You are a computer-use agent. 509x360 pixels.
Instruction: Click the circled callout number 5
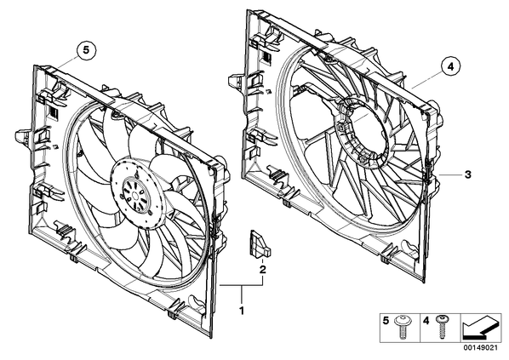click(86, 50)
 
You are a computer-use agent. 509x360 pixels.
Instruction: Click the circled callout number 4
click(450, 66)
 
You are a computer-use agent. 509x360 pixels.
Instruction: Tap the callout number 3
click(467, 174)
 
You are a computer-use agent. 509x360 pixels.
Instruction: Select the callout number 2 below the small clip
click(262, 269)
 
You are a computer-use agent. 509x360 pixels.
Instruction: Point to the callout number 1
click(242, 311)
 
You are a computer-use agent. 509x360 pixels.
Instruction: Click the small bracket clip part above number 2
click(260, 244)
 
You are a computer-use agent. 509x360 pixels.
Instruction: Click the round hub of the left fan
click(136, 194)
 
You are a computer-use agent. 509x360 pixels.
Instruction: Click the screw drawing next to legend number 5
click(403, 328)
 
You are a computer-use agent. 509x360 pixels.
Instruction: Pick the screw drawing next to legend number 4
click(442, 327)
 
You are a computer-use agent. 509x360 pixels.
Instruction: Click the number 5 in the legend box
click(386, 322)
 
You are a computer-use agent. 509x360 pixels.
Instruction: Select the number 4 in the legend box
click(426, 322)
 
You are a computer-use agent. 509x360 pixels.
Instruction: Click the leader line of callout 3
click(450, 174)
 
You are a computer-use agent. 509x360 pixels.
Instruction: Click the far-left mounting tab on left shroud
click(23, 135)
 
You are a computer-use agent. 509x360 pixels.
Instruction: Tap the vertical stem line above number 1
click(242, 295)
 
